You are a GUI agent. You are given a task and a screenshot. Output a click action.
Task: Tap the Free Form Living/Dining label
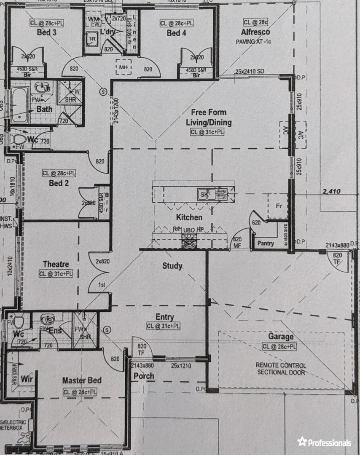tap(209, 118)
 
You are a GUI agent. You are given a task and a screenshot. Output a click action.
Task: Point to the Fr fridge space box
tap(278, 206)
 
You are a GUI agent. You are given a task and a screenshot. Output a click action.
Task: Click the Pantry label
tap(266, 243)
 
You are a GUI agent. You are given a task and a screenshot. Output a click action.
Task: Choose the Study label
tap(172, 266)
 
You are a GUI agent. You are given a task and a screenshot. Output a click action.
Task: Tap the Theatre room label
tap(56, 264)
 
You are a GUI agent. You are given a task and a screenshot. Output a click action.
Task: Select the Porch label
tap(144, 376)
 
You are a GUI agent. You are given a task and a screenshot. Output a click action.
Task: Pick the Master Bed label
tap(82, 380)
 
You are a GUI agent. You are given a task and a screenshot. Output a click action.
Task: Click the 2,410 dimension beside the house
tap(331, 192)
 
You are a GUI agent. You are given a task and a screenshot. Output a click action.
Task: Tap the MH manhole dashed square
tap(124, 67)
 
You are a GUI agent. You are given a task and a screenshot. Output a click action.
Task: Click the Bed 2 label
tap(59, 183)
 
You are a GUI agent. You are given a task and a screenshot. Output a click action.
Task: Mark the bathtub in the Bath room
tap(19, 105)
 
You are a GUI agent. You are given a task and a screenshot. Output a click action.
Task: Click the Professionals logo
tap(324, 442)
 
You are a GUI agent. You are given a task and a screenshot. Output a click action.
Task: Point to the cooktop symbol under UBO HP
tap(188, 241)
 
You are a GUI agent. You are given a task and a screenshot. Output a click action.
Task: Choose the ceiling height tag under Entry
tap(164, 326)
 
